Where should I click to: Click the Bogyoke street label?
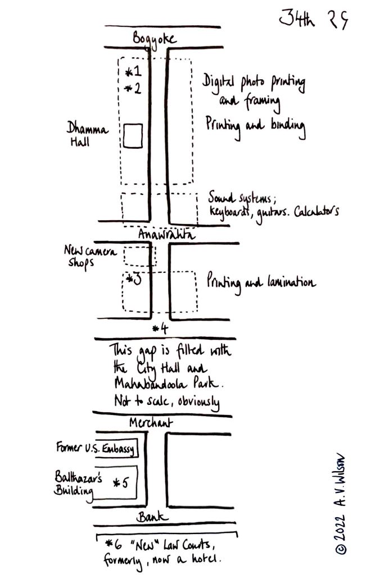tap(155, 39)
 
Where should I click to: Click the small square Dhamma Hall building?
tap(132, 136)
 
